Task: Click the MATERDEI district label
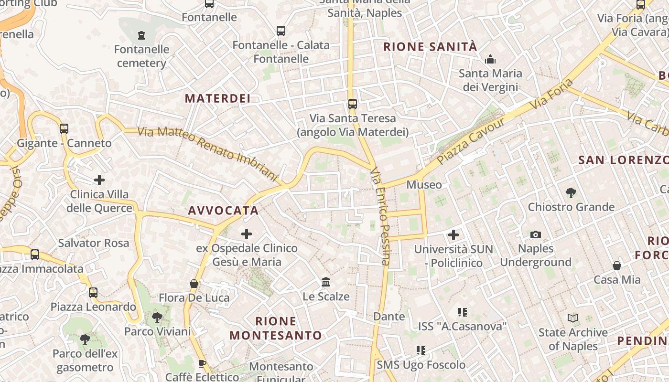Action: point(217,98)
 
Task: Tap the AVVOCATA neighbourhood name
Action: point(223,211)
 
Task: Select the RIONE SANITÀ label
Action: point(431,47)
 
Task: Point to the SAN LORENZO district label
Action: point(623,160)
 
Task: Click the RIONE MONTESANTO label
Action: point(276,328)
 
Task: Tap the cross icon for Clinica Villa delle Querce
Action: point(99,180)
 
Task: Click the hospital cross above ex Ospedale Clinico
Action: point(247,234)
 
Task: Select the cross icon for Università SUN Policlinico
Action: point(453,235)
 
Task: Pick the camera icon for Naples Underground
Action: point(536,234)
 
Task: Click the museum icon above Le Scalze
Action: point(326,282)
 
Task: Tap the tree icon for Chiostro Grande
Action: point(571,193)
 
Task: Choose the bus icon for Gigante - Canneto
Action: point(64,129)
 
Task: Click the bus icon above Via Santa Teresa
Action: point(353,104)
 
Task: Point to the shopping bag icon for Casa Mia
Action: point(617,265)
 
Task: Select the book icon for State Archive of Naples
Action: point(572,318)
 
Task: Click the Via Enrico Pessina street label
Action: point(381,216)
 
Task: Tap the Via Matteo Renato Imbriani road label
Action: point(207,154)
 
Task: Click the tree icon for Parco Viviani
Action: point(156,317)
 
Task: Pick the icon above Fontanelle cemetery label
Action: point(141,35)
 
